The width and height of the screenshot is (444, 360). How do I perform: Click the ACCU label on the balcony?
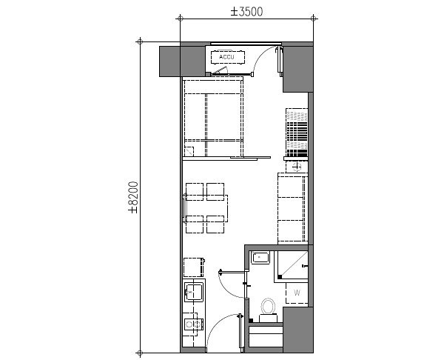click(224, 56)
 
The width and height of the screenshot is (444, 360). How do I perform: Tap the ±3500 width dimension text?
click(246, 12)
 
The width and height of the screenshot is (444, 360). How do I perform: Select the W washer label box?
click(296, 292)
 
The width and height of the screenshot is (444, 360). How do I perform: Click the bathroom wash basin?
click(260, 259)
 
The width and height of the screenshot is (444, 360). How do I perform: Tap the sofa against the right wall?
click(292, 207)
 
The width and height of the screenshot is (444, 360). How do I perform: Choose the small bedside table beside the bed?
click(189, 151)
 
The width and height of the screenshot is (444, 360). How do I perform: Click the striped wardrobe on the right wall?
click(295, 130)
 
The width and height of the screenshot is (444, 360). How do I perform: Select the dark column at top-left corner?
click(169, 61)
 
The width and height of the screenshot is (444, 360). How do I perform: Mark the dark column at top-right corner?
click(298, 67)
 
